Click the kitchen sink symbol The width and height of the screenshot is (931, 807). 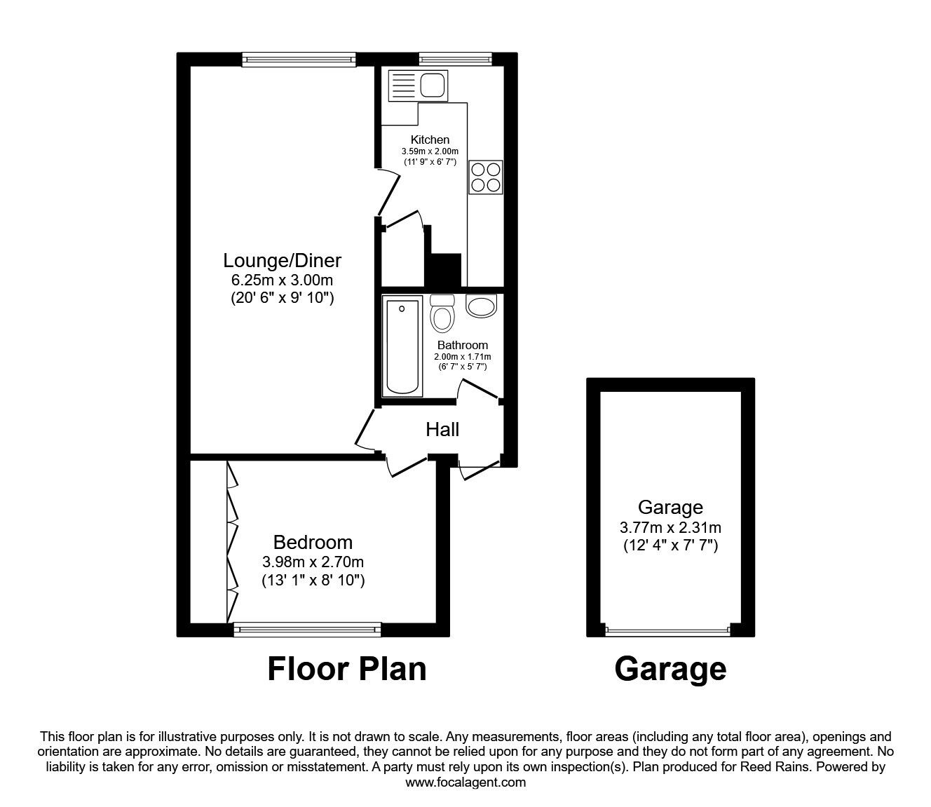(x=417, y=86)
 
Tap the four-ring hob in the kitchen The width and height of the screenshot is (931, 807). (x=485, y=177)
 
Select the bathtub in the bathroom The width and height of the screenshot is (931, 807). (x=402, y=346)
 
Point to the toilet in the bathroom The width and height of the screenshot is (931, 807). (x=442, y=314)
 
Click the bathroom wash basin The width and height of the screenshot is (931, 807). (x=481, y=306)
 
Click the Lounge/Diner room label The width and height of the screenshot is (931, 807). (x=282, y=261)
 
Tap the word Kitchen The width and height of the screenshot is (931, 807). (x=430, y=140)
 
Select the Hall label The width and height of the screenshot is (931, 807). (x=442, y=429)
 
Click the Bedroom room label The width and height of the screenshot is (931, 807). (x=313, y=542)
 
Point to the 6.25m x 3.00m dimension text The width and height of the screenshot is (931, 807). (x=282, y=280)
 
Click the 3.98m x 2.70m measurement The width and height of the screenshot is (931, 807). (x=313, y=562)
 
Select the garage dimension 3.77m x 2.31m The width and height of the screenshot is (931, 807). (x=670, y=527)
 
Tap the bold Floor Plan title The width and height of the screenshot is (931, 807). (x=347, y=669)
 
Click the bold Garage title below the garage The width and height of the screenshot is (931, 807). (x=670, y=669)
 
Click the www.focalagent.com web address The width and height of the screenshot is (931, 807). (x=465, y=782)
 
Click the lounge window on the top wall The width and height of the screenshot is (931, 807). (x=299, y=60)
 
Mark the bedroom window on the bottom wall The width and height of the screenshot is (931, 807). (x=307, y=630)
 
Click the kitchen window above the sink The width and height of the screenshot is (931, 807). (x=455, y=60)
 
